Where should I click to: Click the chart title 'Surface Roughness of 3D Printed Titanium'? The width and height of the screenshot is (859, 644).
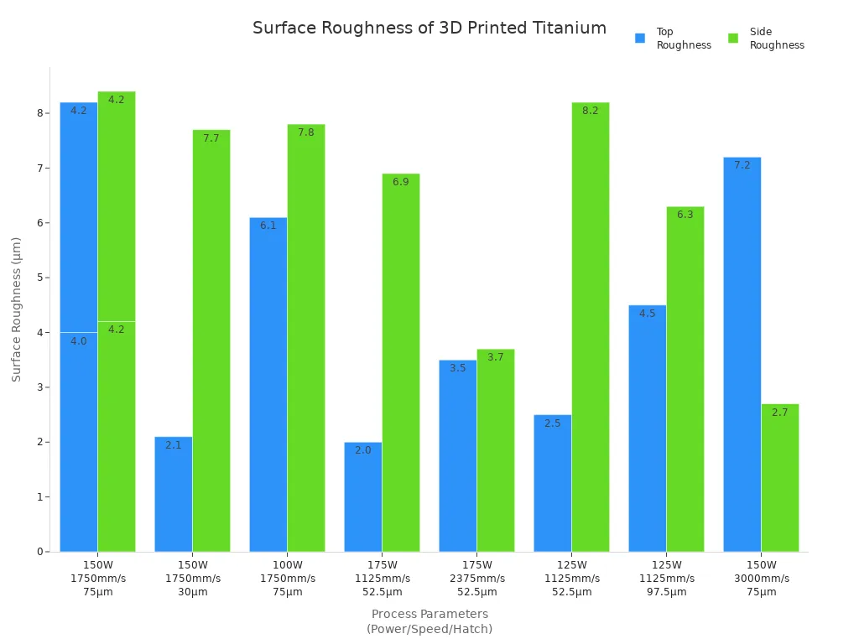tap(429, 29)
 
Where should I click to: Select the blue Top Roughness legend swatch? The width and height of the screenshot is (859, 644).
tap(640, 39)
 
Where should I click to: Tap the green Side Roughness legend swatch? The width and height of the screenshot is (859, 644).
tap(733, 39)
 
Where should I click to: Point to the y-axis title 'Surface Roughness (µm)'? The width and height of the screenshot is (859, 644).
tap(17, 309)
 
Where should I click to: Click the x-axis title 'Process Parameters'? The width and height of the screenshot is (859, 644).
tap(429, 614)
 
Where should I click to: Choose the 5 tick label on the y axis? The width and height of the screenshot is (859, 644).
tap(39, 278)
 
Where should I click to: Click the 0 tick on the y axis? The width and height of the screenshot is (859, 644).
tap(39, 552)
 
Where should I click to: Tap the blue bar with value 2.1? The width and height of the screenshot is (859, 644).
tap(173, 494)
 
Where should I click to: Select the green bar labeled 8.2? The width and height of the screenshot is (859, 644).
tap(590, 327)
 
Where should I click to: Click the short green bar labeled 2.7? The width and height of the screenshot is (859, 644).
tap(779, 478)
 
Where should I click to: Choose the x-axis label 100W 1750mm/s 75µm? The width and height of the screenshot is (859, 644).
tap(287, 579)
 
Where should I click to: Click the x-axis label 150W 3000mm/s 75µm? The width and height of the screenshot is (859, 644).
tap(761, 579)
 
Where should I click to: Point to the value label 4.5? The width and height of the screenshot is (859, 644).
tap(647, 314)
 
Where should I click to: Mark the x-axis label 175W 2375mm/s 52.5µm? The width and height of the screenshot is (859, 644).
tap(476, 579)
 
